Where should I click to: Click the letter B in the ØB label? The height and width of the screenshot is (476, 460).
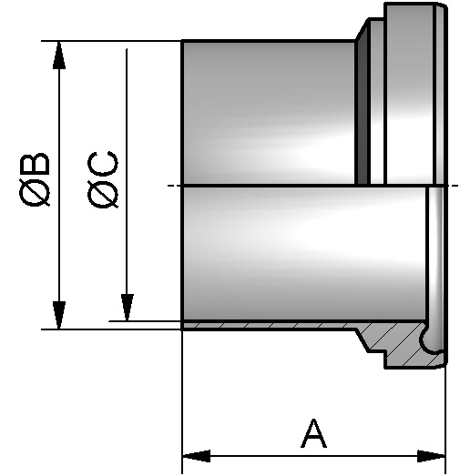[38, 166]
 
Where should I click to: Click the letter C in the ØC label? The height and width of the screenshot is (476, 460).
[105, 166]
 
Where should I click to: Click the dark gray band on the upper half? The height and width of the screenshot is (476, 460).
[363, 109]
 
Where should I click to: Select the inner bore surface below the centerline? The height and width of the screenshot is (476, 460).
[301, 255]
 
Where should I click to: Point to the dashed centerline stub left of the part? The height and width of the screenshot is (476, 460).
[173, 187]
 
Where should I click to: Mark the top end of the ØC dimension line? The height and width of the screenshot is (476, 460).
[128, 49]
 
